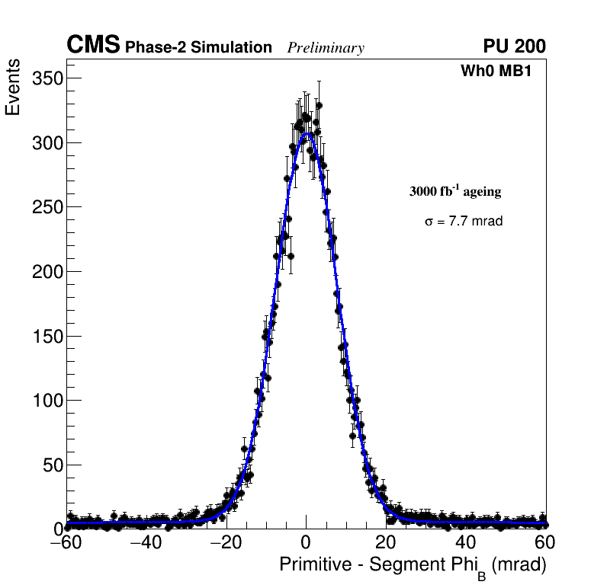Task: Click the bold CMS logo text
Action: pos(93,46)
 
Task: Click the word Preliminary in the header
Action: pos(326,48)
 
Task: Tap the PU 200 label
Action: pos(514,46)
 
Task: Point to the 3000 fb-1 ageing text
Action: pos(455,191)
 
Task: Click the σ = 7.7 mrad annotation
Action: pos(464,222)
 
